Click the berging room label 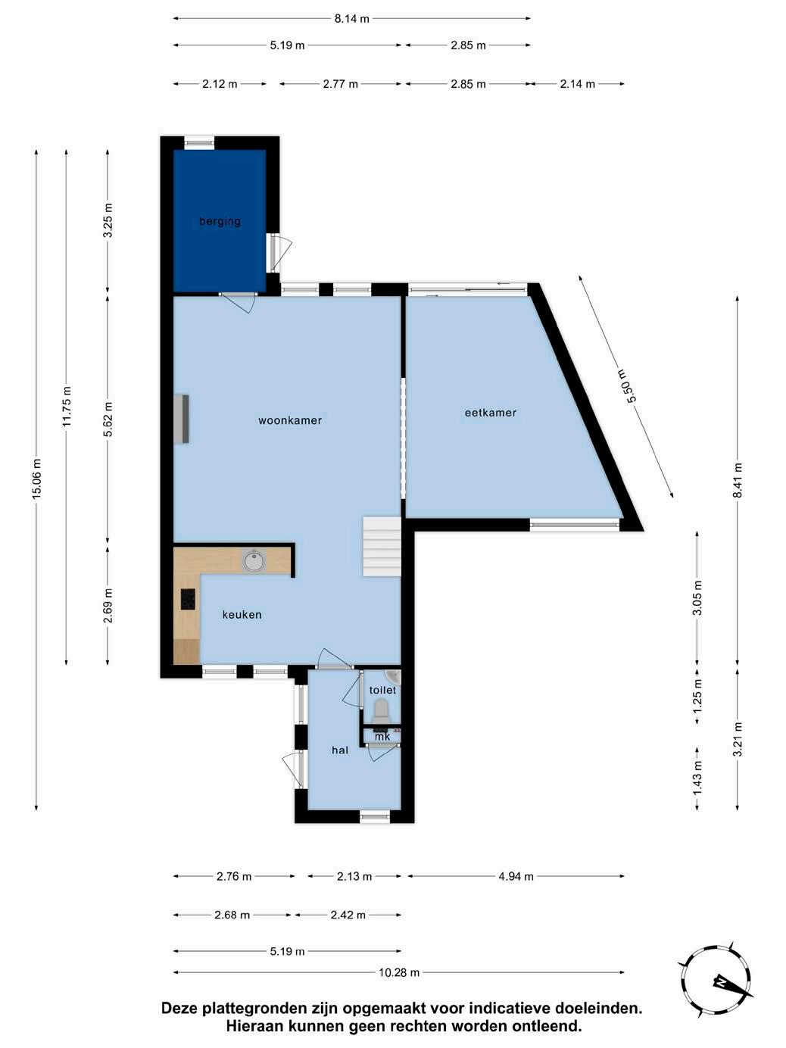(220, 222)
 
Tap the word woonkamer (290, 420)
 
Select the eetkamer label (491, 413)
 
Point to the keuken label (242, 615)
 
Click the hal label (340, 750)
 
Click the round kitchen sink (254, 560)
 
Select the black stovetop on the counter (188, 599)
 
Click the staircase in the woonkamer (382, 546)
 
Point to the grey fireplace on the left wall (182, 420)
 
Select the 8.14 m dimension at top (351, 19)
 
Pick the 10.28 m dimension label (399, 972)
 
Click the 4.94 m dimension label (516, 877)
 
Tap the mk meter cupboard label (382, 738)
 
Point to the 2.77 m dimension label (340, 84)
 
